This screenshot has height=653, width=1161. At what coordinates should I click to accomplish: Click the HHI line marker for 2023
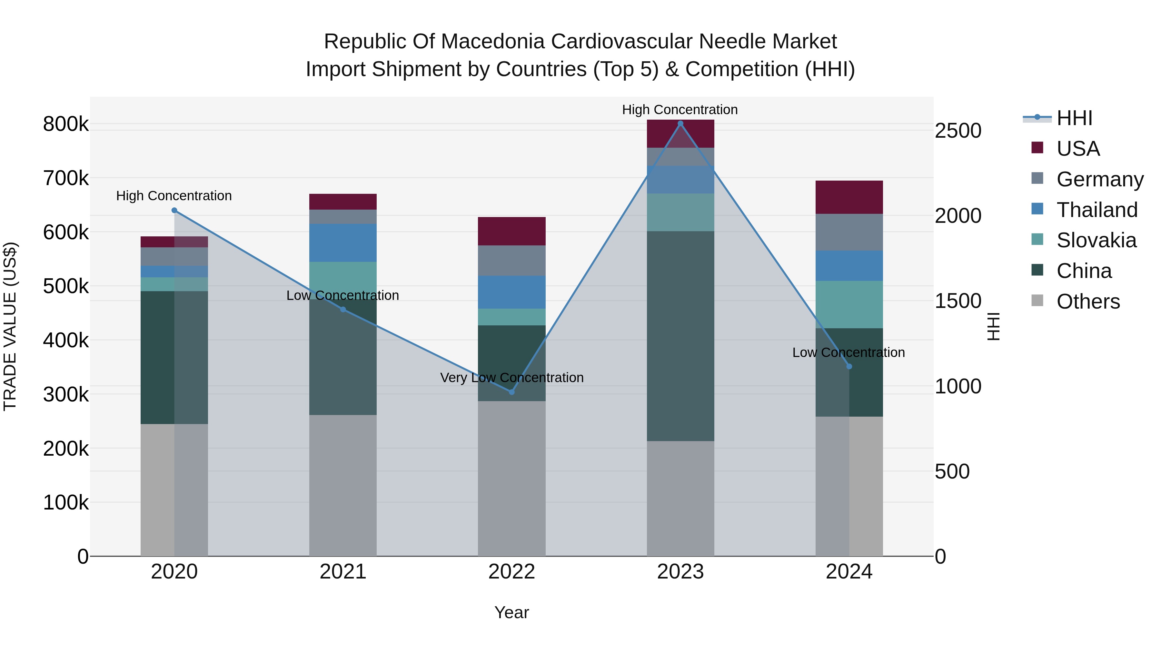(680, 124)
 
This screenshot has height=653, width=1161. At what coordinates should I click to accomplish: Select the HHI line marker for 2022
(511, 392)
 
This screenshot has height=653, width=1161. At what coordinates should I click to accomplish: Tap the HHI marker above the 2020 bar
(174, 211)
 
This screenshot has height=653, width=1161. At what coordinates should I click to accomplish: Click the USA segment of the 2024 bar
(849, 197)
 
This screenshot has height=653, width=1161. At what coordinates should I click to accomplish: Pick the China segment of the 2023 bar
(680, 336)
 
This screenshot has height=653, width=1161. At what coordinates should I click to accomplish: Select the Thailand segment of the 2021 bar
(343, 242)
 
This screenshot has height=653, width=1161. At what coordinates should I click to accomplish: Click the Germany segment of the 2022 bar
(511, 261)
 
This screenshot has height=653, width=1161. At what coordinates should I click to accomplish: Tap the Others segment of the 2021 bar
(343, 485)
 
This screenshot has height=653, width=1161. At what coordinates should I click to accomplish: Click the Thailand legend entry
(1096, 210)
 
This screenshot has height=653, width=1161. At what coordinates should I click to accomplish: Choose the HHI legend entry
(1074, 118)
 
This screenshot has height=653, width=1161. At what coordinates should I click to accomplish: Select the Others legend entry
(1087, 302)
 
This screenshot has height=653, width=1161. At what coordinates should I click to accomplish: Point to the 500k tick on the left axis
(66, 286)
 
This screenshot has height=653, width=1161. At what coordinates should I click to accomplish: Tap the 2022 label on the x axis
(511, 572)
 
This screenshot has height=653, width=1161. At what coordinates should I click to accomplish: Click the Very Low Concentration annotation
(511, 378)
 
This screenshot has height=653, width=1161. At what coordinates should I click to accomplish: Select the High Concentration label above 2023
(680, 110)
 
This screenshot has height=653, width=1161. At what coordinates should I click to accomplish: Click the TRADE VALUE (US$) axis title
(10, 326)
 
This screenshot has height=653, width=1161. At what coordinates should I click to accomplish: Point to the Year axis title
(511, 612)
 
